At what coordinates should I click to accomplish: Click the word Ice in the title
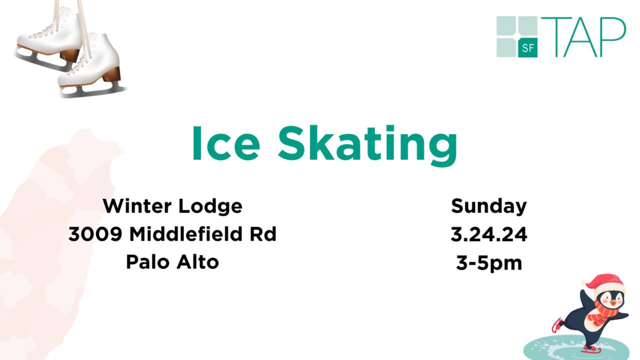point(226,143)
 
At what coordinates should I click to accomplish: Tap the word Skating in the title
point(367,145)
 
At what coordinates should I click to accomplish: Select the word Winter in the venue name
point(137,205)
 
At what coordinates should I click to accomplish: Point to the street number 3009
point(95,234)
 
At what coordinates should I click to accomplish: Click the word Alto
point(197,261)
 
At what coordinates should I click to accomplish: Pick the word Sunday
point(489,206)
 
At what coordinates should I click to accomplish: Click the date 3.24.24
point(489,234)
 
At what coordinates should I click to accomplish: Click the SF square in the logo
point(528,47)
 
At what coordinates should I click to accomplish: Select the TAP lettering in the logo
point(583,37)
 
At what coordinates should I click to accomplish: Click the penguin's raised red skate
point(557,325)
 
